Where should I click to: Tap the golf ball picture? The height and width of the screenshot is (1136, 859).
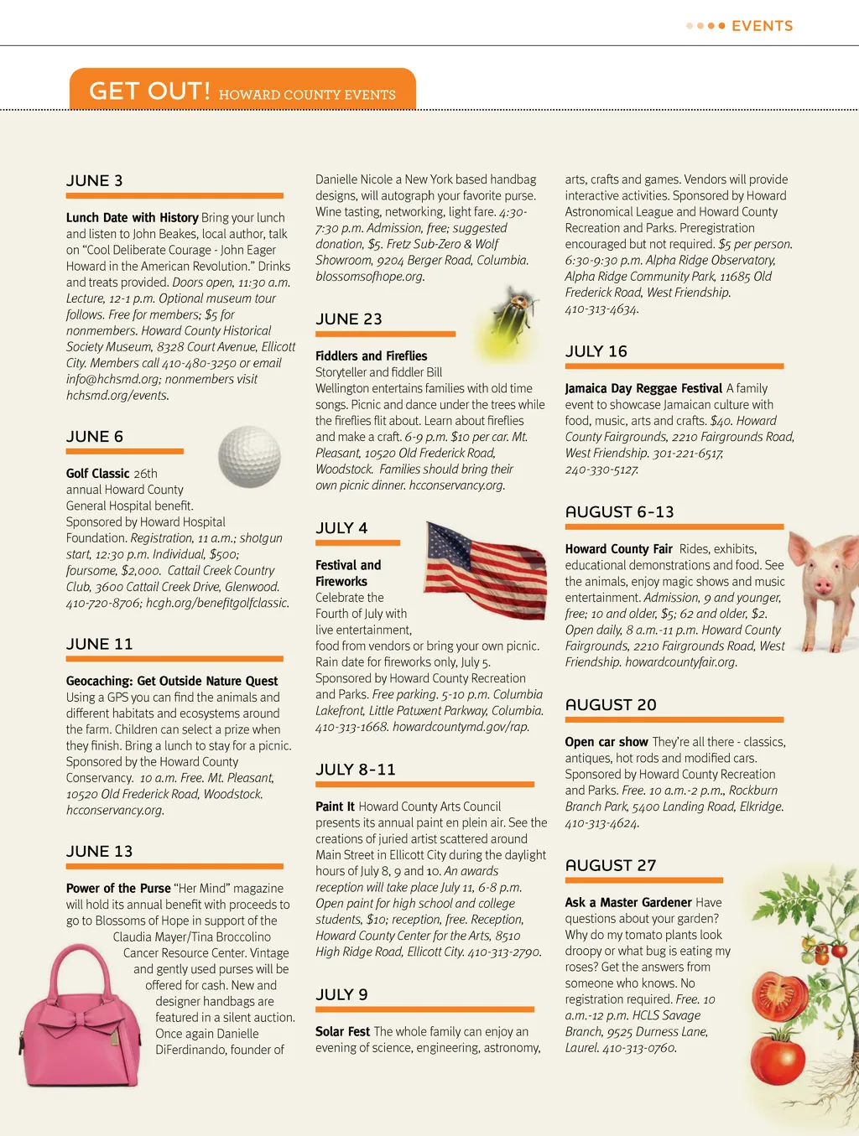pos(249,457)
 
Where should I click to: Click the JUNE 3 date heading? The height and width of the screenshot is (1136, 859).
pos(95,181)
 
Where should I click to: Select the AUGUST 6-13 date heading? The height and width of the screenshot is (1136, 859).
pos(619,512)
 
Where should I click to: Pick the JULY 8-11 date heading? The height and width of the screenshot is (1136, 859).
pos(356,770)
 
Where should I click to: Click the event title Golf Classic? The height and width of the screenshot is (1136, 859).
pos(98,474)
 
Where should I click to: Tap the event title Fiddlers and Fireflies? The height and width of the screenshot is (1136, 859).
pos(371,356)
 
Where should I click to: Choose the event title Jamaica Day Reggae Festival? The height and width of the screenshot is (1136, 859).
pos(643,388)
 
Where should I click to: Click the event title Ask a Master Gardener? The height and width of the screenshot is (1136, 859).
pos(628,903)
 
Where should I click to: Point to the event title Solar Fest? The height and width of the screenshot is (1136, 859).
pos(342,1032)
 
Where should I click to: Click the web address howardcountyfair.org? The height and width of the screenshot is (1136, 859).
pos(681,662)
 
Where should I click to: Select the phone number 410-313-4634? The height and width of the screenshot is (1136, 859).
pos(601,309)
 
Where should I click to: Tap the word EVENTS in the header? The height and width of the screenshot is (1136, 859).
pos(762,26)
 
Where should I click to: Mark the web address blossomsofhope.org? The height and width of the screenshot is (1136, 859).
pos(370,276)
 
